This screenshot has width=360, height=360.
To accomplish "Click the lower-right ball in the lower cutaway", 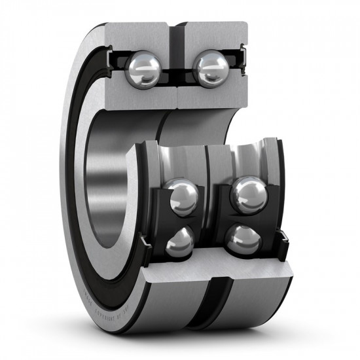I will pos(244,240).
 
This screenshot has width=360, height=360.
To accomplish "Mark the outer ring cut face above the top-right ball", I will pos(213,36).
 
